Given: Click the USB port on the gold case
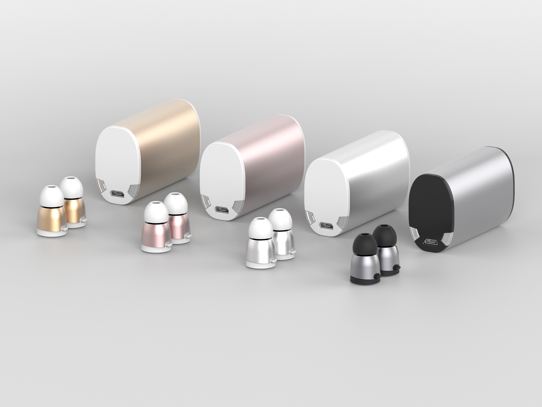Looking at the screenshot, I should tap(117, 193).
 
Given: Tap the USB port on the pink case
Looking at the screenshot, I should tap(221, 209).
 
